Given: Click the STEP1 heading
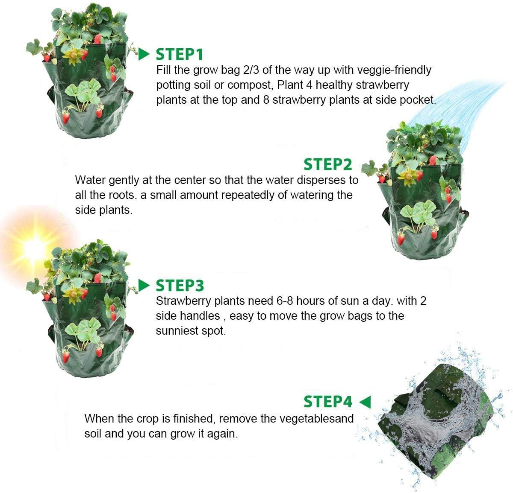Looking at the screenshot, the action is (179, 55).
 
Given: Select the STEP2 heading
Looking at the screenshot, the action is (327, 164).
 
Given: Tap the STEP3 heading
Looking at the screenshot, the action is (180, 286).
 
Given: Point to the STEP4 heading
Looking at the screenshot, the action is (328, 402).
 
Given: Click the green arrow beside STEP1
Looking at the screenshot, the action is (144, 54).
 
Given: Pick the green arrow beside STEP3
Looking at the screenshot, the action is (144, 286).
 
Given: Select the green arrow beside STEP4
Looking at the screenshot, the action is (365, 402).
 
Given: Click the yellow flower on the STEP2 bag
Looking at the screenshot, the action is (408, 176).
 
